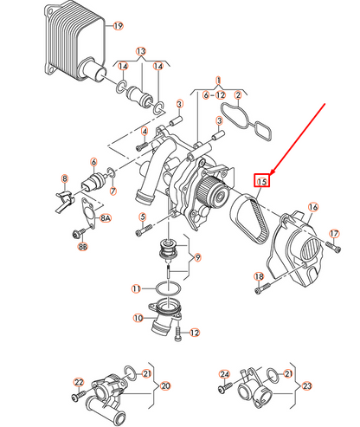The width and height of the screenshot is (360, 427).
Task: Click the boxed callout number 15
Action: tap(261, 181)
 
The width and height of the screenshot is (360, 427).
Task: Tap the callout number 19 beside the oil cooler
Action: tap(119, 26)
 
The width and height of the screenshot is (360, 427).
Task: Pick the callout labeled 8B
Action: tap(83, 247)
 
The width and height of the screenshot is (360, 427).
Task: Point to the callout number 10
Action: tap(137, 319)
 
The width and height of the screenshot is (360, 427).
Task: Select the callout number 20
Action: tap(165, 386)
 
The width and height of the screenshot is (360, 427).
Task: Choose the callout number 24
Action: tap(223, 374)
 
